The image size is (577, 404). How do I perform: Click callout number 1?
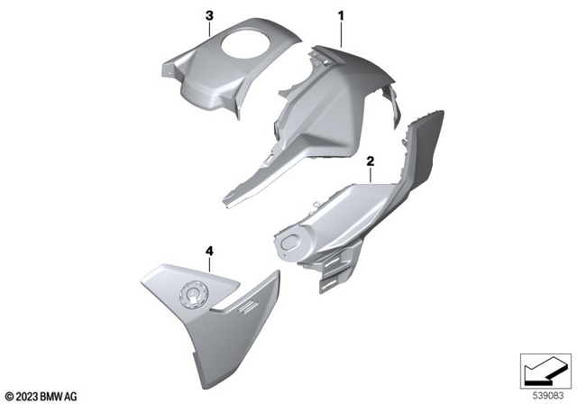click(342, 15)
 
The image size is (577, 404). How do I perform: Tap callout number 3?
click(209, 15)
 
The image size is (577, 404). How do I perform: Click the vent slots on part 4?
click(236, 311)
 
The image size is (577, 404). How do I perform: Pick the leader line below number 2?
click(370, 175)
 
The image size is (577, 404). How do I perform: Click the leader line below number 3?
click(209, 27)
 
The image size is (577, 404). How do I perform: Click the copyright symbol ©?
click(9, 394)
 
